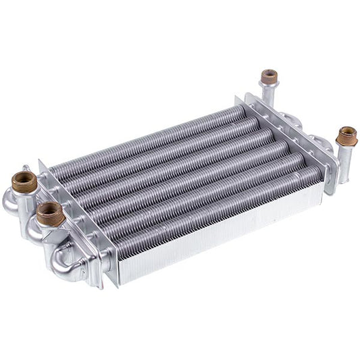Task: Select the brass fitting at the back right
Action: pyautogui.click(x=269, y=76)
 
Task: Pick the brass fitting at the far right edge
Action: pyautogui.click(x=346, y=136)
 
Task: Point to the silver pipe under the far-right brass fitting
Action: pyautogui.click(x=343, y=162)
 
